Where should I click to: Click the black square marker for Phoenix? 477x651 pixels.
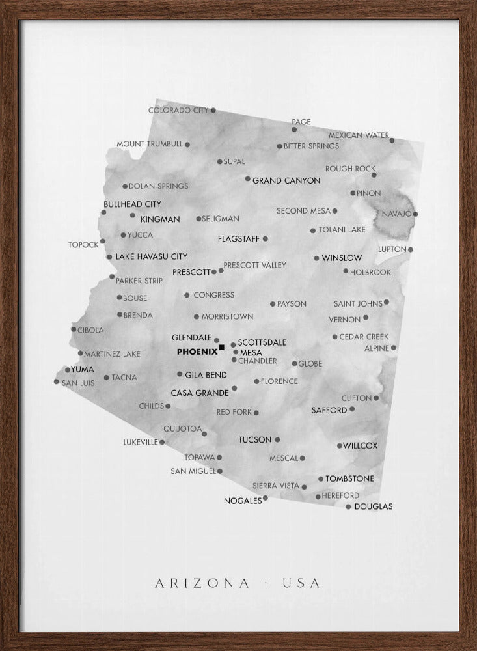(x=222, y=348)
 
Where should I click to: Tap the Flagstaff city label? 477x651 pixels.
(x=238, y=239)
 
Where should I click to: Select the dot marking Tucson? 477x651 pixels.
(x=277, y=439)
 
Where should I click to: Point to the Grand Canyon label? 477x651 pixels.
(x=286, y=180)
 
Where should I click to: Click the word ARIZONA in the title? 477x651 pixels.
(x=202, y=583)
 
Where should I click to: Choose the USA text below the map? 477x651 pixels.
(x=301, y=583)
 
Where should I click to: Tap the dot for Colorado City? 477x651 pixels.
(x=213, y=111)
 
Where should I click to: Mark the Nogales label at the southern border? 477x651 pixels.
(x=242, y=501)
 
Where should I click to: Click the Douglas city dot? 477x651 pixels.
(x=348, y=506)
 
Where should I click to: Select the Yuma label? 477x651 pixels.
(x=83, y=369)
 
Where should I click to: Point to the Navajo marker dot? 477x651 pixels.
(x=415, y=214)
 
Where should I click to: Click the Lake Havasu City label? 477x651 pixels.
(x=151, y=257)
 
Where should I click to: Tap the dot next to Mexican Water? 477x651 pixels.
(x=392, y=140)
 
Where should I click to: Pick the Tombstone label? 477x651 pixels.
(x=349, y=478)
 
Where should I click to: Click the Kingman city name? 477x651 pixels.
(x=160, y=219)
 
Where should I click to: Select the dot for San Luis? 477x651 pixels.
(x=57, y=381)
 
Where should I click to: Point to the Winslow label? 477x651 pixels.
(x=342, y=258)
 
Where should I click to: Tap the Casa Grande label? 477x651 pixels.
(x=200, y=393)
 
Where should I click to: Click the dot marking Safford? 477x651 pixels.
(x=352, y=409)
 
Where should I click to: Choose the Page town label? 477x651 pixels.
(x=301, y=122)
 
